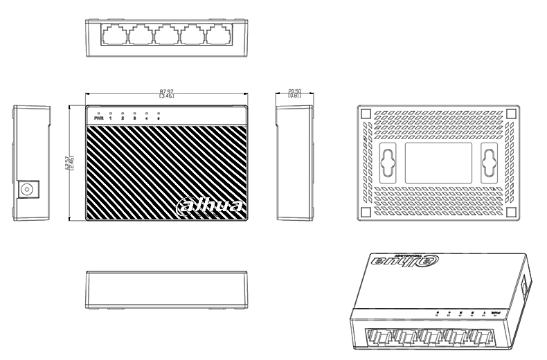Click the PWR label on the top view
(98, 118)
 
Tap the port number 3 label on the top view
(134, 118)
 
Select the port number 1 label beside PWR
(111, 118)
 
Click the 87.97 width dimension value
(166, 91)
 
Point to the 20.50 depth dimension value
(294, 91)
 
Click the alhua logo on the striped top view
(210, 206)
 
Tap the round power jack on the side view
(29, 189)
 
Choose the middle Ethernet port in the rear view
(167, 35)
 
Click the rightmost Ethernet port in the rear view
(221, 35)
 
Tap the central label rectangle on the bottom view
(438, 163)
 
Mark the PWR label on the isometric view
(494, 313)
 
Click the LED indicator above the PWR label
(99, 112)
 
